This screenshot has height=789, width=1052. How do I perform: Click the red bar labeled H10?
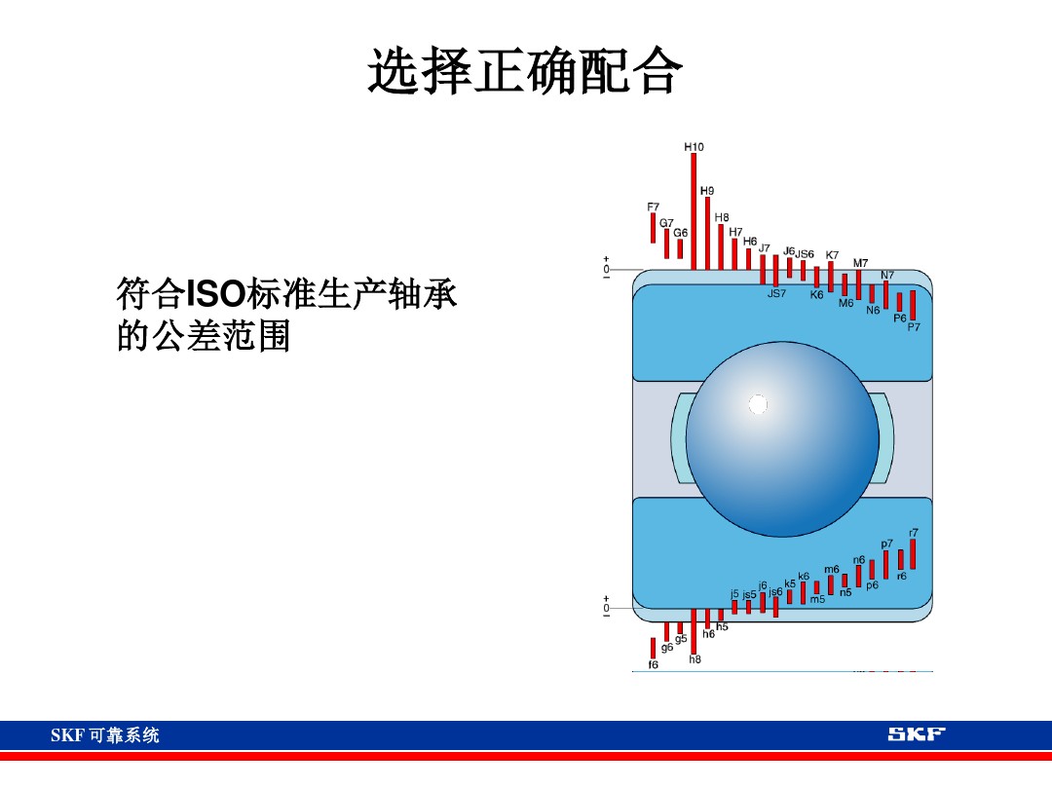click(694, 210)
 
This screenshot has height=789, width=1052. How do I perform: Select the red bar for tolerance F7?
click(653, 228)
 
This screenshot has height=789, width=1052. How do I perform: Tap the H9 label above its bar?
click(707, 190)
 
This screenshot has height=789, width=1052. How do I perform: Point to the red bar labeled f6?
click(653, 648)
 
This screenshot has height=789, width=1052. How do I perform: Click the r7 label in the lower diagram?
click(913, 533)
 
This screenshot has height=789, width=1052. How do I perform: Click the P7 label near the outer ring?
click(914, 328)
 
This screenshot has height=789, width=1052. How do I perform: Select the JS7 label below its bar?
click(775, 293)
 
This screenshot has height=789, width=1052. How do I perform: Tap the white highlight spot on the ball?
click(758, 404)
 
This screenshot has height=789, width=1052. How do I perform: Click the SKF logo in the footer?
click(916, 734)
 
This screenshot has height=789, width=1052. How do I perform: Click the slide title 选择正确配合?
click(525, 74)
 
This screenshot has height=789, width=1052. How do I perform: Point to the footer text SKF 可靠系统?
click(104, 735)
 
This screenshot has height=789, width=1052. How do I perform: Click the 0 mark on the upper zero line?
click(606, 269)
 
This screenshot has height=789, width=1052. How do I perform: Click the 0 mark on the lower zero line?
click(606, 608)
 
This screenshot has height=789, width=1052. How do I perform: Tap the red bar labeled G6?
click(680, 248)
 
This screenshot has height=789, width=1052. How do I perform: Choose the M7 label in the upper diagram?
click(860, 263)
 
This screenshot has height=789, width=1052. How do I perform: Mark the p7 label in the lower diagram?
click(886, 544)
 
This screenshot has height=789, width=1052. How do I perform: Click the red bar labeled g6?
click(666, 632)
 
